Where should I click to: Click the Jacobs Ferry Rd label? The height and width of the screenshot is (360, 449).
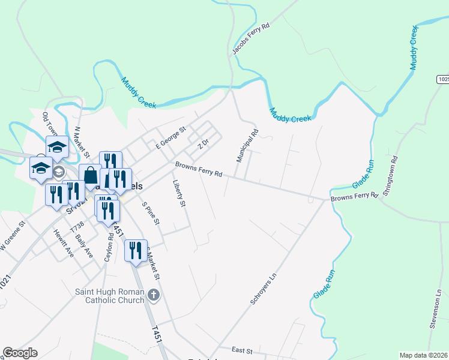(x=251, y=41)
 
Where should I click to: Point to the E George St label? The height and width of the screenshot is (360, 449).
(x=172, y=137)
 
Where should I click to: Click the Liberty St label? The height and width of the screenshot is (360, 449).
(x=179, y=194)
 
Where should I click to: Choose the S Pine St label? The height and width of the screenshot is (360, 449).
(x=151, y=213)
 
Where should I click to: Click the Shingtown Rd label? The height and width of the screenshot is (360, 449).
(x=394, y=173)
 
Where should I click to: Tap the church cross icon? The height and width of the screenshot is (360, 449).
(x=154, y=295)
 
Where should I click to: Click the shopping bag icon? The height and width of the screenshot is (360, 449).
(x=90, y=175)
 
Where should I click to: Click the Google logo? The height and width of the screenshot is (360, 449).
(x=20, y=353)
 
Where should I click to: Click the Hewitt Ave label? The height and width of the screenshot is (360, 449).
(x=63, y=244)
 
